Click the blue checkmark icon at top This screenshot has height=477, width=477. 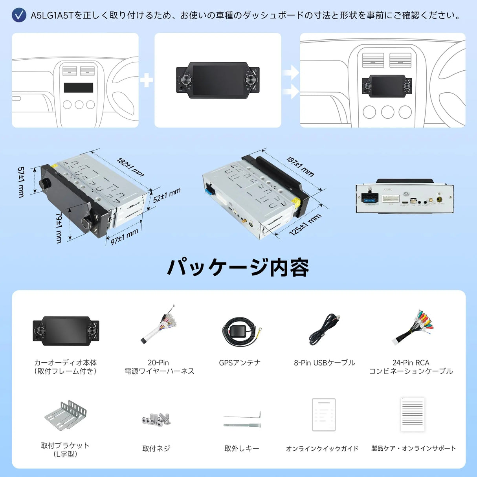(19, 15)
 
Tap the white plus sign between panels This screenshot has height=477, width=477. (147, 81)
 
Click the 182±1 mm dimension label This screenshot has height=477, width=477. (130, 167)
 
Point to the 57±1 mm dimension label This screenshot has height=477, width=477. (21, 182)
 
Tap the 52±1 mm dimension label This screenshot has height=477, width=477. (167, 195)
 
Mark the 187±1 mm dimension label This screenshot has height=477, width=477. (300, 167)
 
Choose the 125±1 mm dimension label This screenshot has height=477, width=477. (305, 225)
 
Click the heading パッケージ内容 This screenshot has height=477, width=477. (238, 268)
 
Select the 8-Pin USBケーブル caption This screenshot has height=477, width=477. (324, 363)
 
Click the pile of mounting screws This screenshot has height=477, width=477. (156, 420)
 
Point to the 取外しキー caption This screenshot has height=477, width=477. (242, 448)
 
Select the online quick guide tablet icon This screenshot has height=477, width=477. (323, 415)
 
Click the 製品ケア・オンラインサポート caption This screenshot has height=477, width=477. (413, 448)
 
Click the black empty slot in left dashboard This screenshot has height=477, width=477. (79, 88)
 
